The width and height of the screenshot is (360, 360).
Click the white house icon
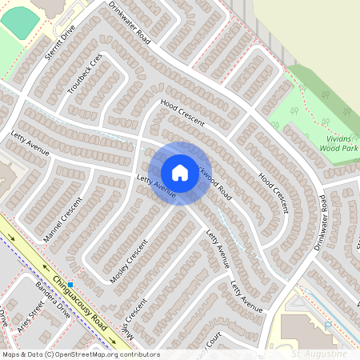pos(180,173)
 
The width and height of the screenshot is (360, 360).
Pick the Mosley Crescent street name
pos(130,264)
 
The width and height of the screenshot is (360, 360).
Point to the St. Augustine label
pos(319,353)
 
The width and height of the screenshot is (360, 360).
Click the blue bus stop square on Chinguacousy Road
pos(70,285)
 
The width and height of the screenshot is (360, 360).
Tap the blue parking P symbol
pos(327,325)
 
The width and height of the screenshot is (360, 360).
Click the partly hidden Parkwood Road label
pos(216,182)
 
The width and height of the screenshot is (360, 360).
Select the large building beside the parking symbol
pos(299,329)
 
